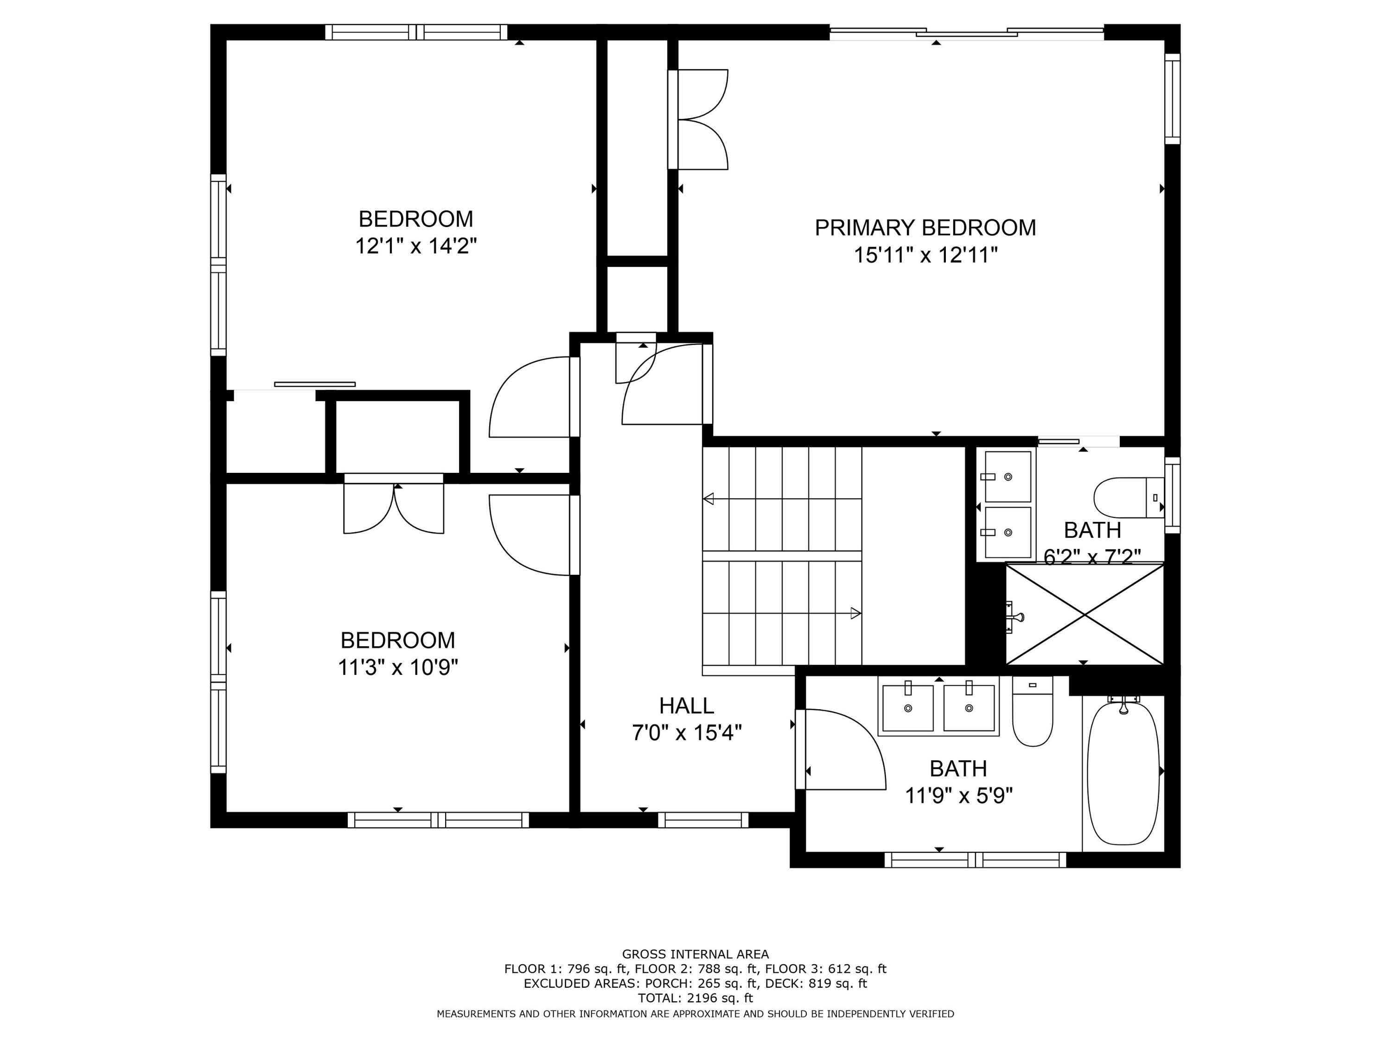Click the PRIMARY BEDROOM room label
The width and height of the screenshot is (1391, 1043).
coord(925,228)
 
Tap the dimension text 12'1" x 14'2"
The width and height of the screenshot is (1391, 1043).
coord(415,246)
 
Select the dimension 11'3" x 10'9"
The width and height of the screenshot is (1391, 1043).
coord(397,667)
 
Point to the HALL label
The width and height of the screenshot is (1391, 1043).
coord(686,706)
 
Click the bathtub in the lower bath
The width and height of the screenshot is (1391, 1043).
coord(1123,773)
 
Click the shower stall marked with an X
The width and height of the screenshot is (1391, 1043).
coord(1084,614)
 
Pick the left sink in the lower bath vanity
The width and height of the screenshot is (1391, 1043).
coord(907,708)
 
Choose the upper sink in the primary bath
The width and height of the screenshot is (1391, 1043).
coord(1008,477)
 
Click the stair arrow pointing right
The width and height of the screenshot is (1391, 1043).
coord(855,613)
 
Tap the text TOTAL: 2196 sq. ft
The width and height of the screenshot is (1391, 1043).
coord(695,998)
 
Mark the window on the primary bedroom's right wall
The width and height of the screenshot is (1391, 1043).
coord(1172,99)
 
